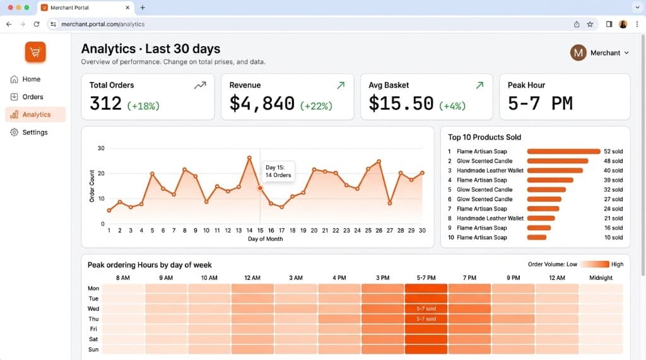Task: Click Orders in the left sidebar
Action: [x=33, y=97]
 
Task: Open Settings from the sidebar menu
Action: [x=35, y=132]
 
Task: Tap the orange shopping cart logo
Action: [x=35, y=52]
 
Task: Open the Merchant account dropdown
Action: [x=600, y=53]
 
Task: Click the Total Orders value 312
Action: [x=105, y=103]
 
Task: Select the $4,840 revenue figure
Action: [x=262, y=103]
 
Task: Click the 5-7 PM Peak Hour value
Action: [x=540, y=103]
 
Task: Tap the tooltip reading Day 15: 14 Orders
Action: [x=278, y=171]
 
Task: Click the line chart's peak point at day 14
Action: [x=249, y=158]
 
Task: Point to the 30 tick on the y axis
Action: [x=101, y=148]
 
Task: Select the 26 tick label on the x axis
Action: [x=379, y=231]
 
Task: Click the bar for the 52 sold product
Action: [x=563, y=151]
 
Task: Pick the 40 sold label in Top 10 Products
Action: [x=613, y=170]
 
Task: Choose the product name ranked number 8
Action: [x=490, y=218]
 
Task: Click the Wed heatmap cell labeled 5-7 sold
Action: [x=426, y=309]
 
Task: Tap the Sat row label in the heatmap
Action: [x=93, y=339]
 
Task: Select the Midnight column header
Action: [x=601, y=277]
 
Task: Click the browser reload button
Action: [x=37, y=24]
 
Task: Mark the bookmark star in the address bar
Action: [x=590, y=24]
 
